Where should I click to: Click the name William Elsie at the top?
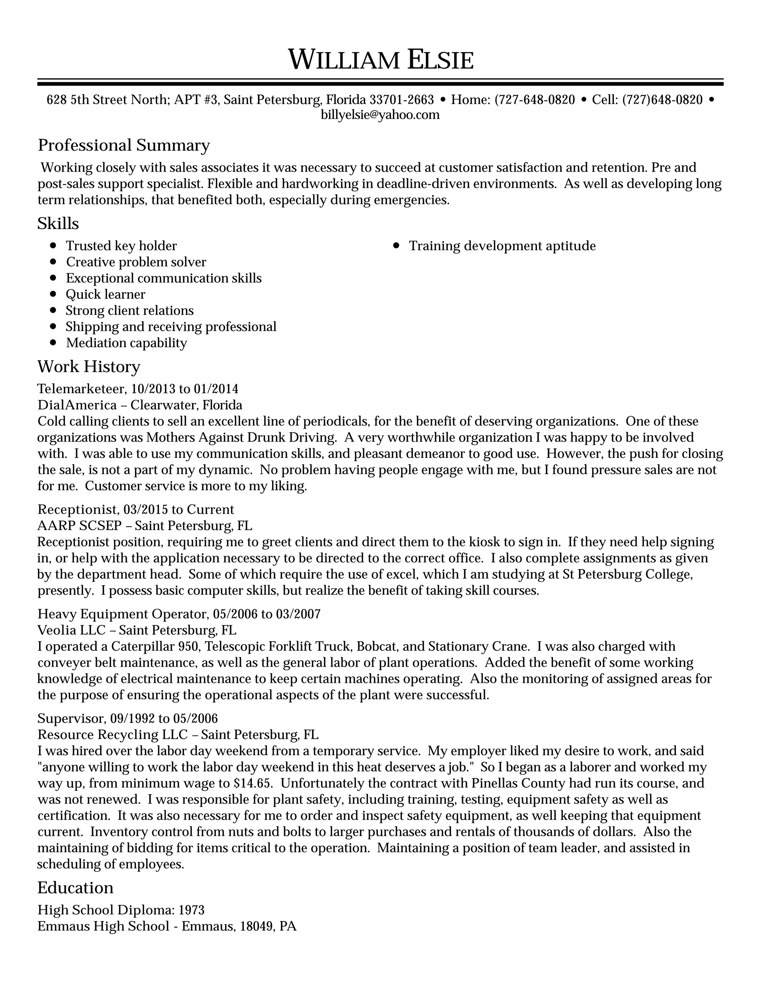point(380,60)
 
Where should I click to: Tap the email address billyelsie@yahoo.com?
point(380,115)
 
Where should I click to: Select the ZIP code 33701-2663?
point(401,100)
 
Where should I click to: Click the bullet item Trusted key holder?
point(121,246)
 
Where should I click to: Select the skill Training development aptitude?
point(502,246)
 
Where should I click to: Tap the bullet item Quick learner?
point(106,294)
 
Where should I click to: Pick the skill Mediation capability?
point(126,343)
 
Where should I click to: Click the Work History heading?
point(89,366)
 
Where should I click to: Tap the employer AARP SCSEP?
point(80,526)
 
